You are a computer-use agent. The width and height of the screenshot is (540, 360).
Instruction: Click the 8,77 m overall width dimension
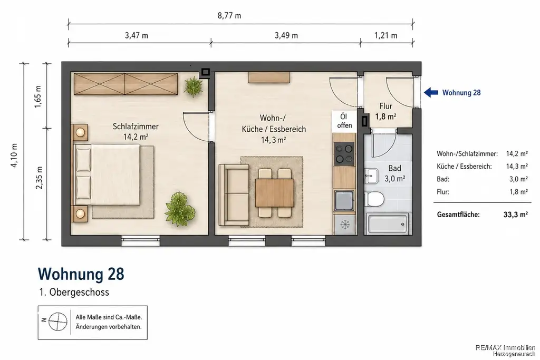229,15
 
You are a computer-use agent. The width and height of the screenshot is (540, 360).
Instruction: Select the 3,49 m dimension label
286,35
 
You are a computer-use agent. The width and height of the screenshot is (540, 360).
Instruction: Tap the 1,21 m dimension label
385,35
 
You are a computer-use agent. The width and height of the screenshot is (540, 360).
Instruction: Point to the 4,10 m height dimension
14,155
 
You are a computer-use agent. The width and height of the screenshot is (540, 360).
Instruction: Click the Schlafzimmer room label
136,127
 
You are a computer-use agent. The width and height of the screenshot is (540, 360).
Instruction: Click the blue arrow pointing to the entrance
431,92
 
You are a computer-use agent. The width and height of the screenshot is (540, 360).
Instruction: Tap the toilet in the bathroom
374,199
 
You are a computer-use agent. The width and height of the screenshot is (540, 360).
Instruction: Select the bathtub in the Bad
388,223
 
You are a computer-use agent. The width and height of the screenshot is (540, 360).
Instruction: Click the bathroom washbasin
371,176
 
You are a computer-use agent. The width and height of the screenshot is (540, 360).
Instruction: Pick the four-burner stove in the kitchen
344,154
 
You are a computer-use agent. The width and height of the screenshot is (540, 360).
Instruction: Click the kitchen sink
344,200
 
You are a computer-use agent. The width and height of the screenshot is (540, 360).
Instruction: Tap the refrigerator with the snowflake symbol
344,225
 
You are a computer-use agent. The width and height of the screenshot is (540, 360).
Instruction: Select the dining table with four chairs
274,193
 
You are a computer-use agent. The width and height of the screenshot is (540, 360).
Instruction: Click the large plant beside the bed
180,209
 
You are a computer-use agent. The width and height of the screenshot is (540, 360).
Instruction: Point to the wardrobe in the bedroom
126,84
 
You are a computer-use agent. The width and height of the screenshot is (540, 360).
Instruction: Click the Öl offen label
344,121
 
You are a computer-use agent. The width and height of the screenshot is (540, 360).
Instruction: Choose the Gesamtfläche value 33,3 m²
516,215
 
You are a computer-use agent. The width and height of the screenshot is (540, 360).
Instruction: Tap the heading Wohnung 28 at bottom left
81,274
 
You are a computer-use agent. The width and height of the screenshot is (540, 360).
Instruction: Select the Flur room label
385,106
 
